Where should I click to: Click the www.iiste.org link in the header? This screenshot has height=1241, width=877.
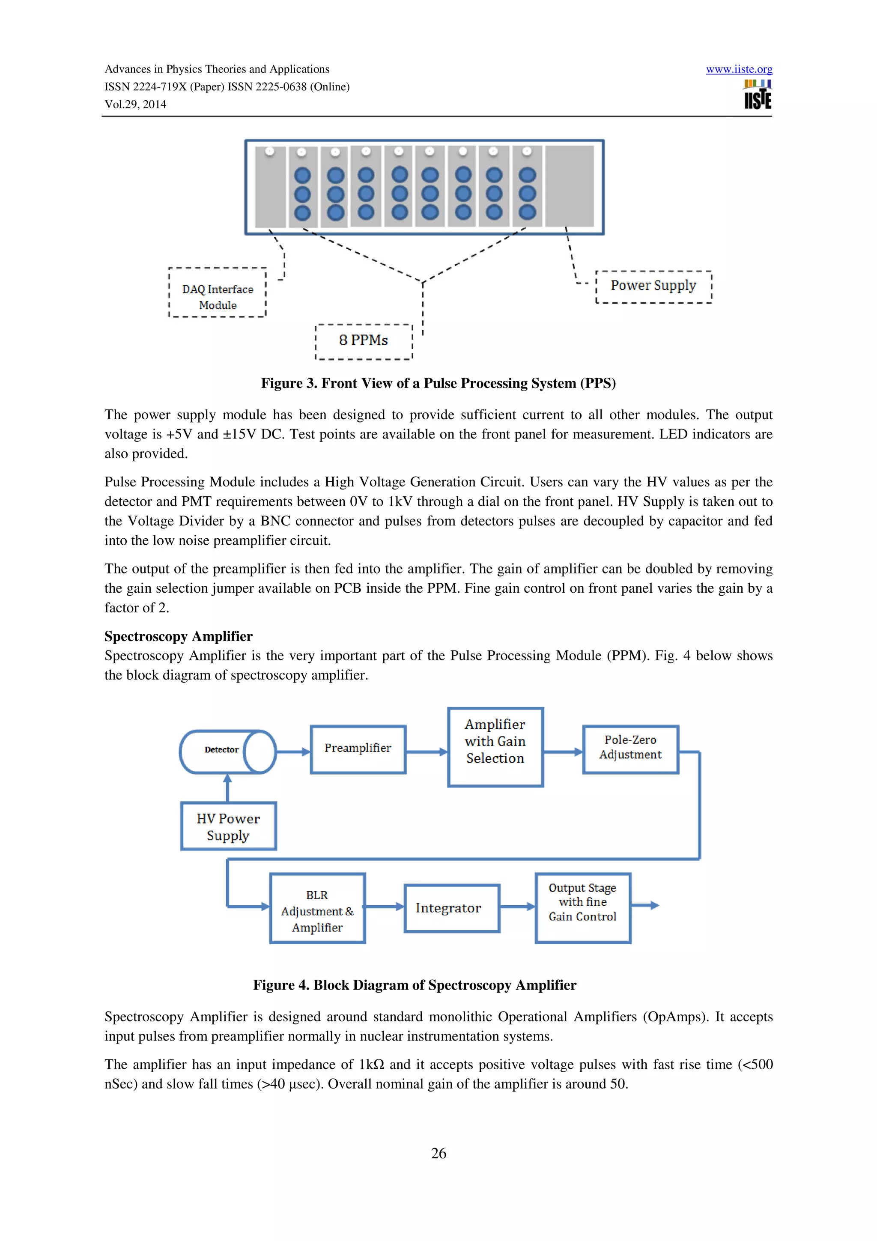coord(739,69)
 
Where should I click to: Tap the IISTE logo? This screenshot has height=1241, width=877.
coord(757,95)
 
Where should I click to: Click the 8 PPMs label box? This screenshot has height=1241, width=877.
coord(364,341)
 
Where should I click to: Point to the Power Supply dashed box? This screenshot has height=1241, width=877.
coord(653,286)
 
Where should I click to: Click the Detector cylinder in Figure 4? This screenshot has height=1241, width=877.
coord(227,751)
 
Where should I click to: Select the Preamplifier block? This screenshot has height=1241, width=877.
coord(358,749)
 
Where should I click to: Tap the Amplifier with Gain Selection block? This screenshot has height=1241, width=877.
coord(495,746)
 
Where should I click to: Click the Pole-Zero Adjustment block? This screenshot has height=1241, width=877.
coord(630,749)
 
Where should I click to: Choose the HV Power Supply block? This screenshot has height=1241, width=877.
coord(228,826)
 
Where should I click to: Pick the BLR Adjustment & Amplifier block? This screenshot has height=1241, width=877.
coord(317,911)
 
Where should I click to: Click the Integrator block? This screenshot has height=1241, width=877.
coord(451,908)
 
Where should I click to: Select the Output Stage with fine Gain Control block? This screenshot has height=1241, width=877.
coord(582,907)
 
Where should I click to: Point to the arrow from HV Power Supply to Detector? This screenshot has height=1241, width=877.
coord(227,788)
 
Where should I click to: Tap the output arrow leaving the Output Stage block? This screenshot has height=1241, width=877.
coord(645,905)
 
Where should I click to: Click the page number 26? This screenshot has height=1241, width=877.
coord(438,1153)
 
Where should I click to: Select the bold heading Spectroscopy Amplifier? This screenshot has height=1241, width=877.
coord(178,636)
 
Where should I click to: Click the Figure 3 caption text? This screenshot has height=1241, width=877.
coord(438,383)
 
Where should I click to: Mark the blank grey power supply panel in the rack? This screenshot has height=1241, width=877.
coord(569,186)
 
